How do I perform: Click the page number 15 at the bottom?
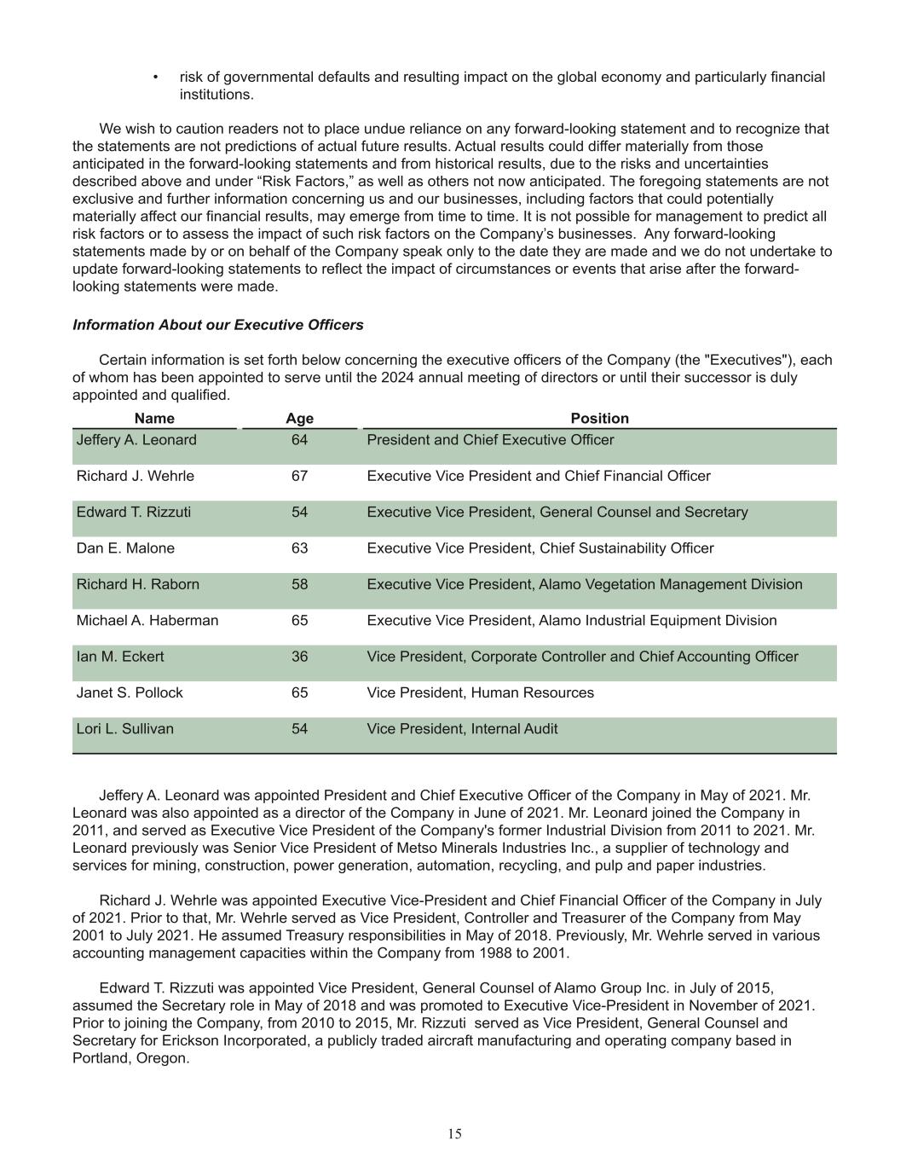455,1133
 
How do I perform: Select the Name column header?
154,418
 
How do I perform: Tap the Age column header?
299,418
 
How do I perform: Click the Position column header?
599,418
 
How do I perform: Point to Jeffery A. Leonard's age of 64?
299,440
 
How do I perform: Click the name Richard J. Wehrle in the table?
135,476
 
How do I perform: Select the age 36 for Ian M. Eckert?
299,657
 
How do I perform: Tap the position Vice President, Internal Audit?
462,729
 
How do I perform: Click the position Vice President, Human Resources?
480,692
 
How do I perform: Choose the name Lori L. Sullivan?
124,729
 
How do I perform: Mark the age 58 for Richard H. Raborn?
299,584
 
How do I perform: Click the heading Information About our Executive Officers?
217,325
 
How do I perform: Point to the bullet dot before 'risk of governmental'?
155,78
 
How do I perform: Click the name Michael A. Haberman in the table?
147,621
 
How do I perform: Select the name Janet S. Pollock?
130,692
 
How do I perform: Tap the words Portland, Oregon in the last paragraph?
130,1058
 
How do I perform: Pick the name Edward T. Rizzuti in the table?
134,513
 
